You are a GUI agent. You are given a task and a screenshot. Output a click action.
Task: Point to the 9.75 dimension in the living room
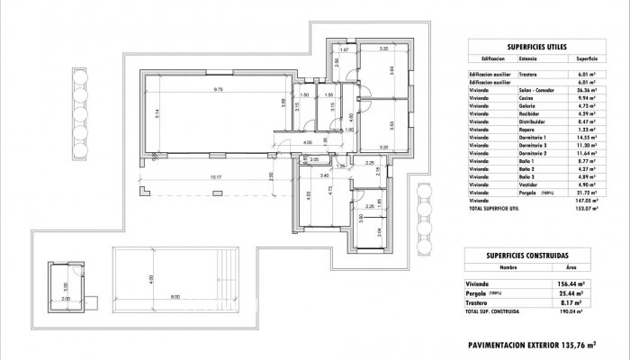(x=218, y=89)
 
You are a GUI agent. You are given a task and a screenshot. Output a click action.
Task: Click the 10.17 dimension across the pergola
(x=213, y=177)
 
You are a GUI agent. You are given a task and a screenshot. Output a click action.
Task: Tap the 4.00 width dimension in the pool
(x=152, y=278)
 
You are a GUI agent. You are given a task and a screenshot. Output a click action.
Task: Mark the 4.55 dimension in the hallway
(x=307, y=141)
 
